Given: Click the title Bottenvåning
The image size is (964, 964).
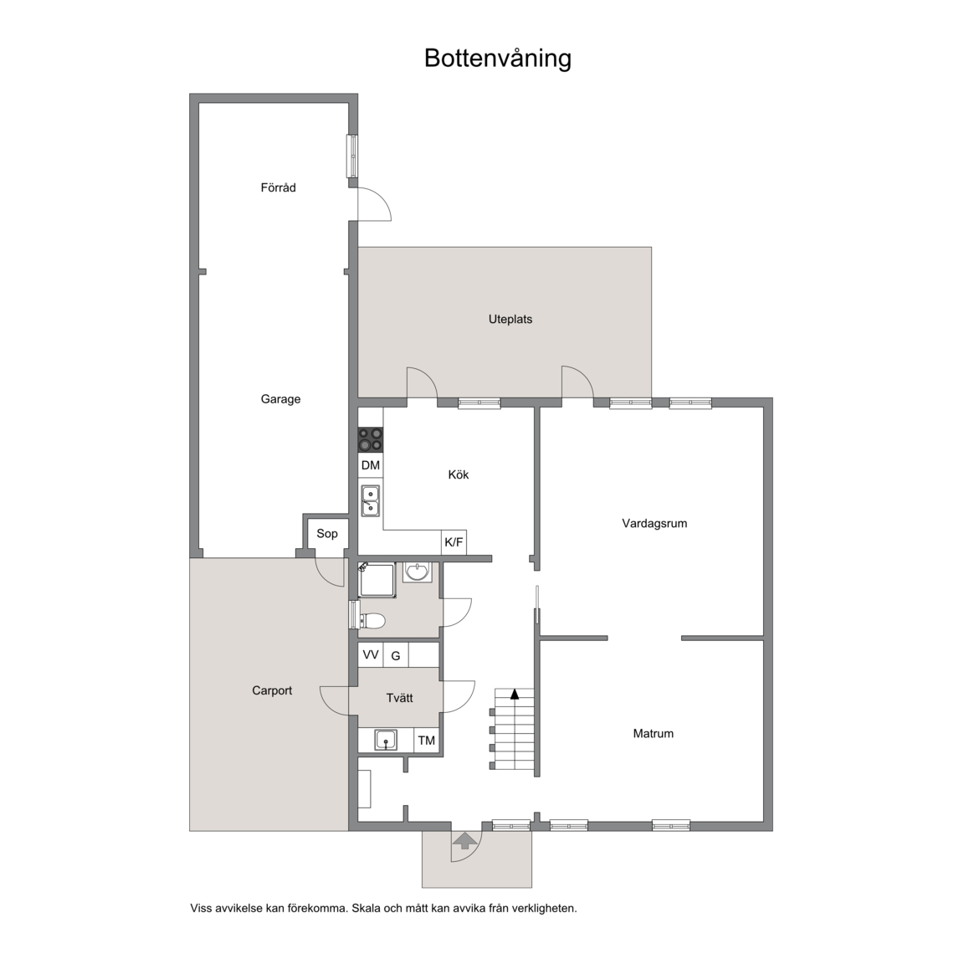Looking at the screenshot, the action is pos(497,59).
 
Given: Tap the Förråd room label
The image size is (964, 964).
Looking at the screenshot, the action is pos(278,187).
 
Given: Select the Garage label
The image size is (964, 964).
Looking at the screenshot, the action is pos(280,400).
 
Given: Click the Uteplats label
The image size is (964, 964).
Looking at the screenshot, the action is pos(510,320).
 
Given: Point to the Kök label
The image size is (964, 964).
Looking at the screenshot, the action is pos(459,474).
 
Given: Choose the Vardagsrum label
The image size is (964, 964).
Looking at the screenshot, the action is pos(654,524).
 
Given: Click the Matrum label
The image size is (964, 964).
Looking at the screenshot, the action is pos(653,733).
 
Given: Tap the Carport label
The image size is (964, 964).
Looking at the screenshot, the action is pos(272,690).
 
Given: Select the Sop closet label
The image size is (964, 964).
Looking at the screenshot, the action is pos(327,534).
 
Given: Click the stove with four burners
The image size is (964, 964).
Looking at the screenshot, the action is pos(371,439).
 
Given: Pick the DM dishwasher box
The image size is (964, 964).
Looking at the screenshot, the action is pos(371,464).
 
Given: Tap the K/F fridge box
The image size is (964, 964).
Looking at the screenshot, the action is pos(454,542).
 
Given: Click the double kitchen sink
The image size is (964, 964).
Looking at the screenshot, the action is pos(370,500).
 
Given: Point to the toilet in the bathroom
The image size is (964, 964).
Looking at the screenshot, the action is pos(372,621).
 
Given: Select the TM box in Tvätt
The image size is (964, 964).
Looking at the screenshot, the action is pos(427,741).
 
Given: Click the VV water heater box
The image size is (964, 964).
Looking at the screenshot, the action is pos(371,654).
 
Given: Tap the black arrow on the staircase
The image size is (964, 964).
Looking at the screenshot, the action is pos(515,694).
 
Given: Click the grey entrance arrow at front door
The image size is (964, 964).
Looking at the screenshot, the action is pos(464,840).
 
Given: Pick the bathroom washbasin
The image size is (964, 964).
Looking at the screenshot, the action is pos(418,572).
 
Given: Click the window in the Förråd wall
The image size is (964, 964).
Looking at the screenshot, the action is pos(353,156).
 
